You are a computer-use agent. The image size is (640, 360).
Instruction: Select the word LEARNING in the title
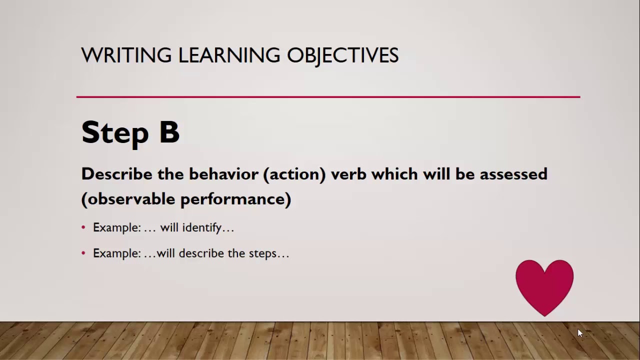tap(229, 55)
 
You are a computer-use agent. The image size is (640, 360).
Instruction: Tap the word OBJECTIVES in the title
tap(342, 55)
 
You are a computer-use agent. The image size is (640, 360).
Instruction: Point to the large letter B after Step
tap(169, 132)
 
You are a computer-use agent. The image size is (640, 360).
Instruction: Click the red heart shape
tap(544, 286)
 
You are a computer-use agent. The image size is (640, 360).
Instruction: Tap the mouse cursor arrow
tap(580, 333)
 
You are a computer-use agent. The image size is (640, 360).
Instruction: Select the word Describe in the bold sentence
tap(116, 174)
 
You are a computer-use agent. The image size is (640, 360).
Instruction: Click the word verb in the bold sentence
tap(348, 174)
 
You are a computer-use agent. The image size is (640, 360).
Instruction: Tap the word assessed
tap(513, 174)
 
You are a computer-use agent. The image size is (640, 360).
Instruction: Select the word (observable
tap(128, 199)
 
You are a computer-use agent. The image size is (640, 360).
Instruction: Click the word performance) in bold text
tap(235, 199)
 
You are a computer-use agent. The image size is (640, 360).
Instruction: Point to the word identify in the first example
tap(201, 228)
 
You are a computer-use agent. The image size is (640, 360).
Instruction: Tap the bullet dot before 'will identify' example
tap(83, 228)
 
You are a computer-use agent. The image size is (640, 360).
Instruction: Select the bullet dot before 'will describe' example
tap(83, 253)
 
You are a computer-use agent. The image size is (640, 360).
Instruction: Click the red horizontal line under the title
tap(328, 97)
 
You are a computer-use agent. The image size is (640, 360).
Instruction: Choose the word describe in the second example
tap(201, 253)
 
